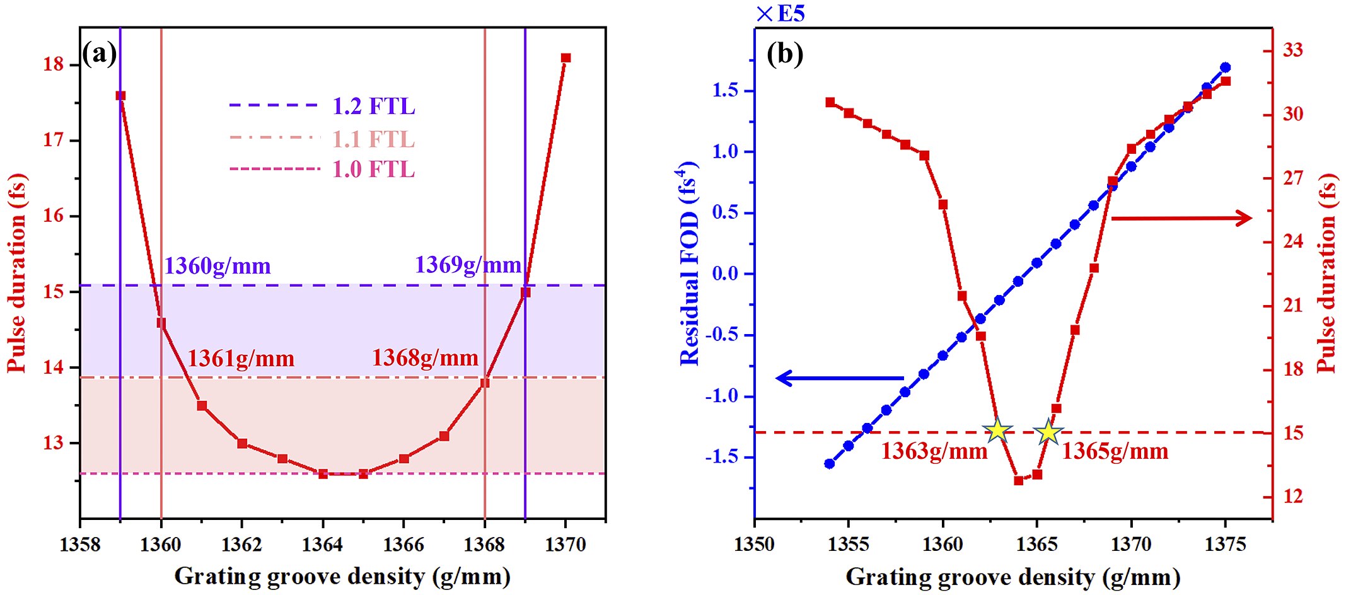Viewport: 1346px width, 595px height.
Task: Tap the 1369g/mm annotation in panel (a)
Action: pyautogui.click(x=468, y=265)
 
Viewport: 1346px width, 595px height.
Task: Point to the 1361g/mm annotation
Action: pyautogui.click(x=241, y=358)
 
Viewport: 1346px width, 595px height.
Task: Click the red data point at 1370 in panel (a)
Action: pyautogui.click(x=566, y=58)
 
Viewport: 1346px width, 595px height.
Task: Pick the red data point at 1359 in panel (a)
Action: pyautogui.click(x=120, y=96)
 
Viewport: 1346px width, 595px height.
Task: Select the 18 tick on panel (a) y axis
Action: pyautogui.click(x=54, y=64)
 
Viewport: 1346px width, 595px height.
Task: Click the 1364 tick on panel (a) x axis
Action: pyautogui.click(x=322, y=545)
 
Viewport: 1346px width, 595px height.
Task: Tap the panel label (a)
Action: pyautogui.click(x=100, y=53)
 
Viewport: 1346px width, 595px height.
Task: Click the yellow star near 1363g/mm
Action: pyautogui.click(x=997, y=430)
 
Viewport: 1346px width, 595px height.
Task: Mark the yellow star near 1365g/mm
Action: pyautogui.click(x=1048, y=432)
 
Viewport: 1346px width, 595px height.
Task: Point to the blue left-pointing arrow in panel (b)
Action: pyautogui.click(x=838, y=378)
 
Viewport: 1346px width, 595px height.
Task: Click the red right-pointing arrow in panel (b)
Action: pyautogui.click(x=1181, y=218)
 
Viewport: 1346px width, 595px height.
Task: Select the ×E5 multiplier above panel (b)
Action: pyautogui.click(x=780, y=13)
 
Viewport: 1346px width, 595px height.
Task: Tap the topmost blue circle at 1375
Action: pyautogui.click(x=1225, y=67)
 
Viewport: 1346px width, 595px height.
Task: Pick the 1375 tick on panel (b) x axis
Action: pyautogui.click(x=1225, y=545)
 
